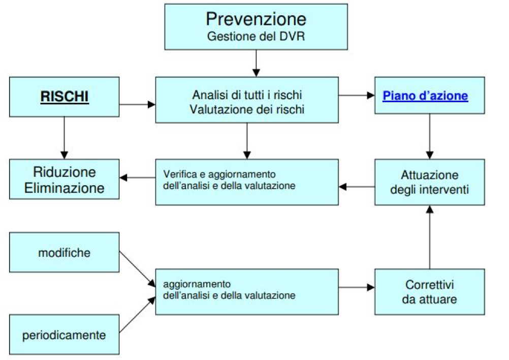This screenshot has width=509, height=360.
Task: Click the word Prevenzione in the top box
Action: (x=256, y=18)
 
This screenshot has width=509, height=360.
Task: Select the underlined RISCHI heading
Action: (x=65, y=96)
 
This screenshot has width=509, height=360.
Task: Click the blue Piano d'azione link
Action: (x=425, y=96)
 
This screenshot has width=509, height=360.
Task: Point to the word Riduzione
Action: (x=65, y=172)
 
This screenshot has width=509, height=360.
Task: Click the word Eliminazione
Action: (x=65, y=188)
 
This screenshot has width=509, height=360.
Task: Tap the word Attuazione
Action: (x=429, y=175)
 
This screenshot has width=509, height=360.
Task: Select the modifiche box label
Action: (x=65, y=252)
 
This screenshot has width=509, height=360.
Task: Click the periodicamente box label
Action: (x=64, y=335)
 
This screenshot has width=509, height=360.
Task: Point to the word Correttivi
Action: (x=429, y=285)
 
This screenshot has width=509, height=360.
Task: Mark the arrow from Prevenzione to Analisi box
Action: (x=256, y=64)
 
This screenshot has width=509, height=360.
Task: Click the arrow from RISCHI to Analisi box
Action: (x=137, y=104)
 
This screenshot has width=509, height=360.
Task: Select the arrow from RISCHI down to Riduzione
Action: (x=65, y=138)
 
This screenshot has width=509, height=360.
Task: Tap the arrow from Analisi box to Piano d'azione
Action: (x=357, y=95)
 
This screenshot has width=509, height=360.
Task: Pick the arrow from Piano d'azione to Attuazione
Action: (x=430, y=136)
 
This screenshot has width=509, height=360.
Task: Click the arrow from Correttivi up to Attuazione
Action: (x=430, y=237)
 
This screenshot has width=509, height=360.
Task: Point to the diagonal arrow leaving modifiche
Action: (x=137, y=269)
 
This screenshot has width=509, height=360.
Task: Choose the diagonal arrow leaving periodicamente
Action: (x=137, y=315)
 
